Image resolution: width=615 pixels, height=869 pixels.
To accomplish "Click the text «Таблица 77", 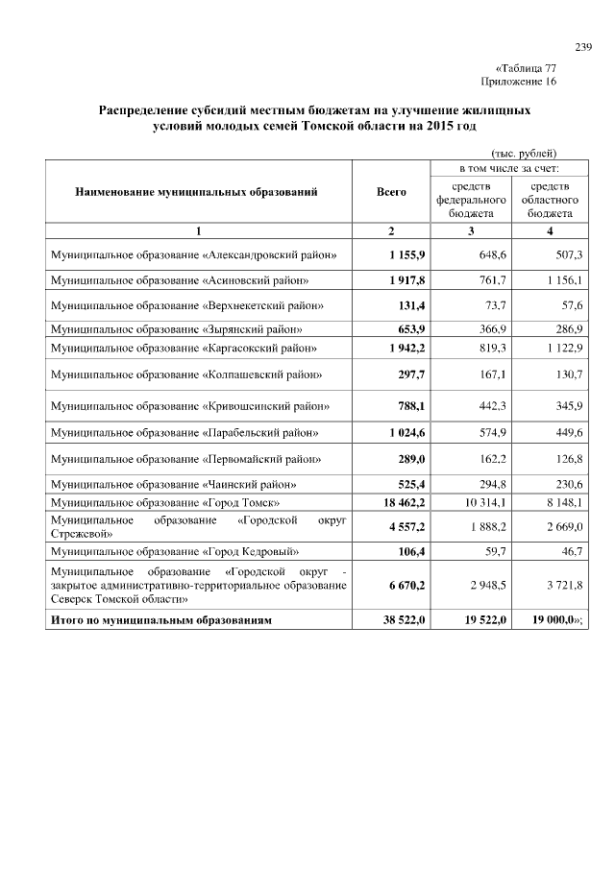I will click(526, 69).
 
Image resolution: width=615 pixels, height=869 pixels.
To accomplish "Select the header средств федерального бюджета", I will click(465, 199).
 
